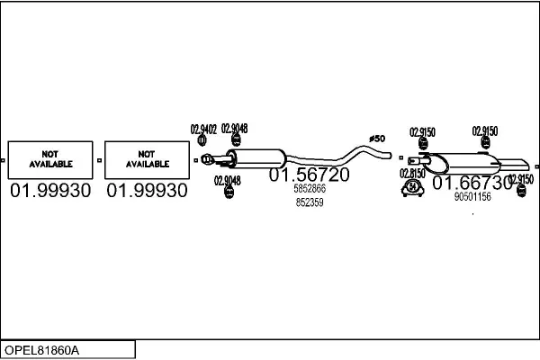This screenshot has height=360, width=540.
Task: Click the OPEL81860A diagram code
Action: tap(41, 350)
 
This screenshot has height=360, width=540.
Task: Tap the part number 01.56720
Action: tap(309, 175)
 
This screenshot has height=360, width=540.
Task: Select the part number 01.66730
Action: tap(472, 183)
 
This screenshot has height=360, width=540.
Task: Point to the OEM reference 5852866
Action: tap(310, 189)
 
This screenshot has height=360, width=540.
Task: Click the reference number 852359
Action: tap(310, 202)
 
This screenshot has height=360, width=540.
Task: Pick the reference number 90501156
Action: tap(472, 197)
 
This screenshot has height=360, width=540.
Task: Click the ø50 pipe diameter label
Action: tap(377, 139)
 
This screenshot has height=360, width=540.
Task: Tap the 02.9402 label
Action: tap(203, 130)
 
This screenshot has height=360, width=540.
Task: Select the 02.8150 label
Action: tap(412, 174)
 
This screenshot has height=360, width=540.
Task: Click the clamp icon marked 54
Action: tap(412, 188)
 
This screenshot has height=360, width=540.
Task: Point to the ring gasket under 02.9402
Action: tap(202, 140)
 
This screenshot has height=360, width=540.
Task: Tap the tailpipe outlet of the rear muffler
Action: tap(515, 165)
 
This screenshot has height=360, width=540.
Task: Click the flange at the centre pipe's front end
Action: tap(207, 159)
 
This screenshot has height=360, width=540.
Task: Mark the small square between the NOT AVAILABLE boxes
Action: tap(100, 160)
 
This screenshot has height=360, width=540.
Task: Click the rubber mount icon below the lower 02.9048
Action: tap(229, 192)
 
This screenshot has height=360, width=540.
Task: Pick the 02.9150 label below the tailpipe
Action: tap(521, 179)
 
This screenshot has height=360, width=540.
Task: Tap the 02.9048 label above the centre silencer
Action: tap(235, 129)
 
